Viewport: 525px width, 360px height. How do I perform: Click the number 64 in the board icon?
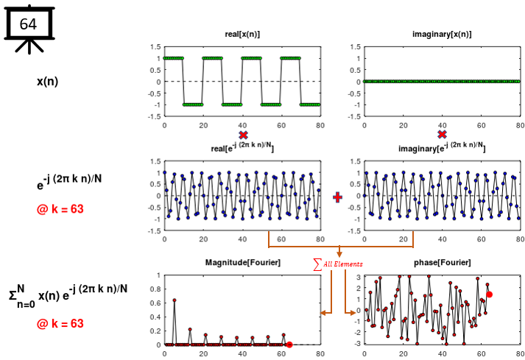[27, 24]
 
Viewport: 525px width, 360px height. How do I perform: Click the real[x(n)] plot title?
[242, 35]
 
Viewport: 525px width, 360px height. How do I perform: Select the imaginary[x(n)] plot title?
[442, 35]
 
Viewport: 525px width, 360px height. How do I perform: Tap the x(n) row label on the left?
[47, 81]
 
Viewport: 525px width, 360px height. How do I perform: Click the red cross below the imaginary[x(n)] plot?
[442, 135]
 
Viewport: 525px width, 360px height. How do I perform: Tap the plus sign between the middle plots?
[338, 197]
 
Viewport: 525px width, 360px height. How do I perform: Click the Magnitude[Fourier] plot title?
[242, 264]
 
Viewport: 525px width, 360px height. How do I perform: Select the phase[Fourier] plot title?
[442, 264]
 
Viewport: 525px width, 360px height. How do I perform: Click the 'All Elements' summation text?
[339, 264]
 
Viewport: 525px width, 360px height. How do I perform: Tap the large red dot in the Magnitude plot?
[289, 345]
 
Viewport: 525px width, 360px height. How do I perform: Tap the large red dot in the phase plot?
[489, 294]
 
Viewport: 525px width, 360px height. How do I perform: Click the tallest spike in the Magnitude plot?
[175, 300]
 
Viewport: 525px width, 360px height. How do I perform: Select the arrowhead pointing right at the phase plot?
[353, 314]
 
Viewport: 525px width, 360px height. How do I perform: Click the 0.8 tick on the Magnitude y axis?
[155, 289]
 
